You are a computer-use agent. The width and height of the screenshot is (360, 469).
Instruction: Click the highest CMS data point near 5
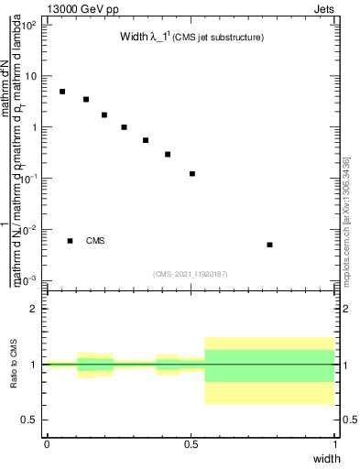(x=62, y=92)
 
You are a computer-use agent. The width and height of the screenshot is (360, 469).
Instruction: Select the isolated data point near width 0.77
(x=269, y=245)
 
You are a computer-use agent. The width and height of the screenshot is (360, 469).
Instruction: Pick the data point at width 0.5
(x=192, y=173)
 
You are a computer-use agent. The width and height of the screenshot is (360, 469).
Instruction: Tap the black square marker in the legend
(x=70, y=241)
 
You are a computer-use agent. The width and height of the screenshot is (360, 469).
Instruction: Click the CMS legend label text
(x=95, y=241)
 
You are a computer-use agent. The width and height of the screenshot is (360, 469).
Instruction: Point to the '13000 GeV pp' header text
(x=76, y=8)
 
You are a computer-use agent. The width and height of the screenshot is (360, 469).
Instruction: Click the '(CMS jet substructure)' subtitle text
(x=220, y=38)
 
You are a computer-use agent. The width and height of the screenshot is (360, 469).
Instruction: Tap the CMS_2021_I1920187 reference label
(x=191, y=274)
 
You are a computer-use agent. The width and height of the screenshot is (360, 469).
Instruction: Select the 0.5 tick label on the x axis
(x=191, y=443)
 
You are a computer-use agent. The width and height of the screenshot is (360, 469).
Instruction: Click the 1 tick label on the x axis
(x=335, y=443)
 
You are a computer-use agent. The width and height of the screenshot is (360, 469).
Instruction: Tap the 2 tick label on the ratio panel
(x=33, y=309)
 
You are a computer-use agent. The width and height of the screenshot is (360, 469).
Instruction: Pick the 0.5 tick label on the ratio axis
(x=28, y=420)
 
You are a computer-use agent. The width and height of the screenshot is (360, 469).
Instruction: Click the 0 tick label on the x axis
(x=47, y=443)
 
